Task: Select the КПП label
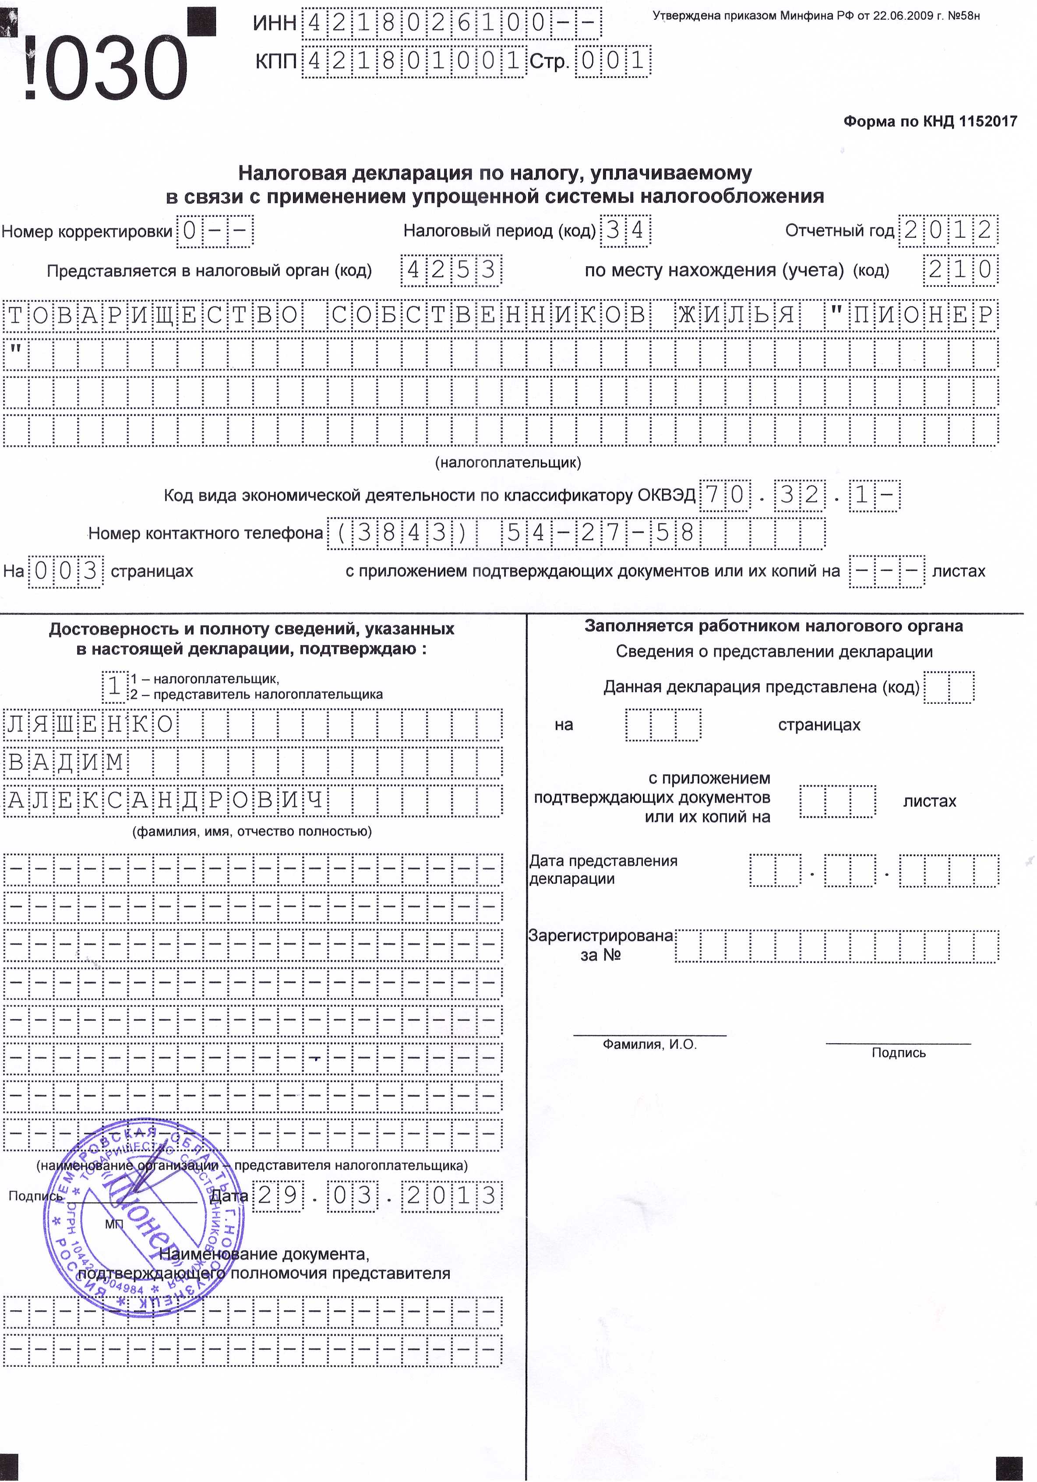[x=275, y=61]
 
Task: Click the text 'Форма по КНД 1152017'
[x=930, y=121]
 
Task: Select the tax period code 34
[x=624, y=230]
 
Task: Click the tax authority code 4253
[x=451, y=270]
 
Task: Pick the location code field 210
[x=959, y=269]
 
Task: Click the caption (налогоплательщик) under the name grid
[x=508, y=462]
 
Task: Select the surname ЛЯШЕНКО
[x=90, y=725]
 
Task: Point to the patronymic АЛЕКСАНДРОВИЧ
[x=165, y=801]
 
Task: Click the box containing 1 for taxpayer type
[x=114, y=686]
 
